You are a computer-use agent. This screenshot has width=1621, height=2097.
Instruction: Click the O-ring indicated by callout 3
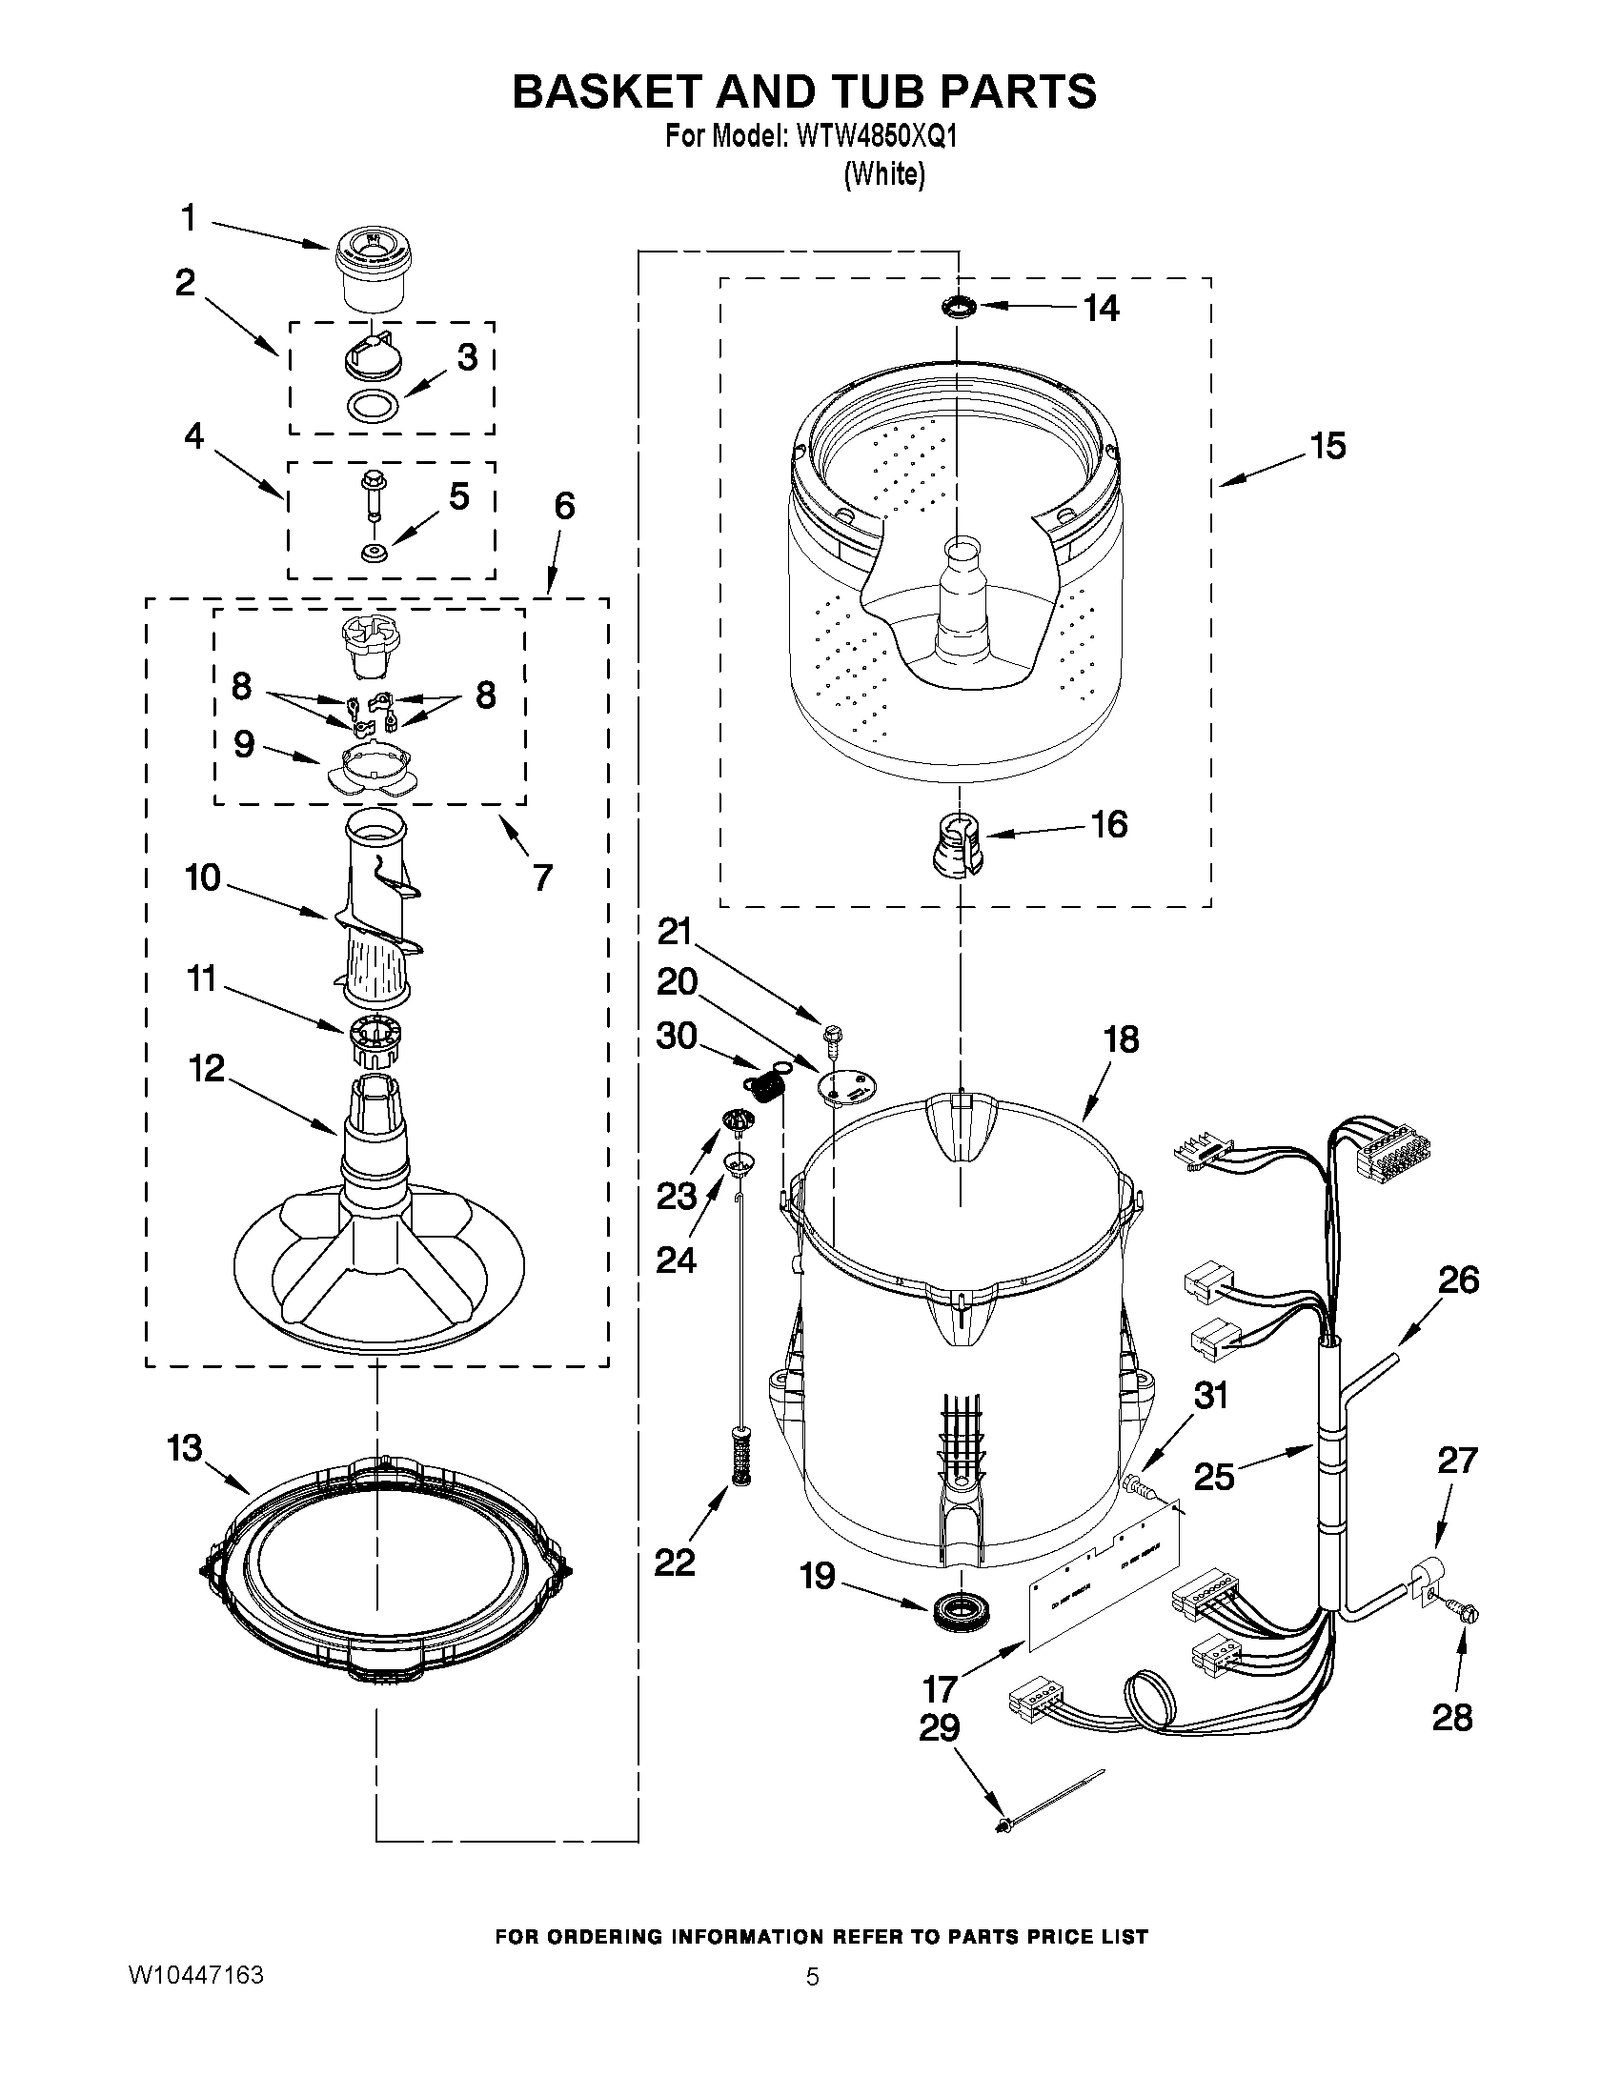[373, 406]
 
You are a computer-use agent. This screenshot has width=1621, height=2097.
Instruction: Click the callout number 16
[1109, 824]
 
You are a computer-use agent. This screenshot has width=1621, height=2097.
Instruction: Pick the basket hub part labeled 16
[959, 842]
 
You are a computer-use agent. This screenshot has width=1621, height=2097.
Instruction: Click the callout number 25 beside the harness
[1213, 1476]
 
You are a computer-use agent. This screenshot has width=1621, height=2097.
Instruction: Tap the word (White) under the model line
[883, 174]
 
